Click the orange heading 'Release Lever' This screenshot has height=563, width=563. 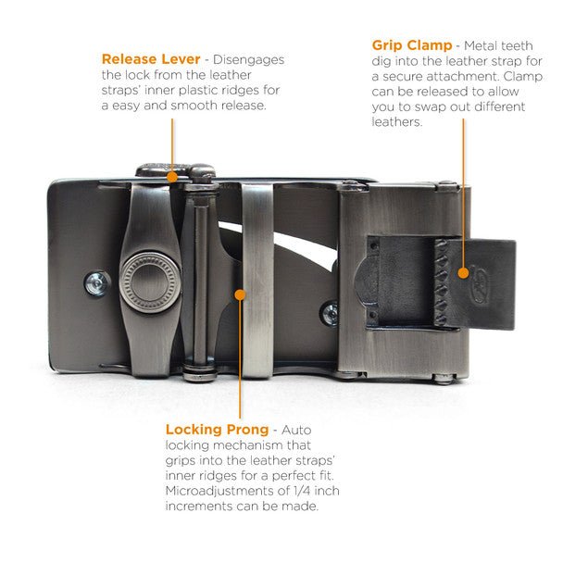[151, 59]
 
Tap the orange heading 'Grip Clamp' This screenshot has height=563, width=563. [412, 45]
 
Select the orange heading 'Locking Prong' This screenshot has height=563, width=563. [217, 430]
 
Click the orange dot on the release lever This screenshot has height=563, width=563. [172, 177]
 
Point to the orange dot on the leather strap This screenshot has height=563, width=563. [464, 273]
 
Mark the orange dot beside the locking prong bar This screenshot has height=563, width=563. [240, 294]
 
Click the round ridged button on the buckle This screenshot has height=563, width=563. [149, 282]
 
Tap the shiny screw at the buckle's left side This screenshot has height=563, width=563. [97, 283]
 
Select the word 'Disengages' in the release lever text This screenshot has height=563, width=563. [248, 60]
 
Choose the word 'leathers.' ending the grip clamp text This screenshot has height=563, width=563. [396, 122]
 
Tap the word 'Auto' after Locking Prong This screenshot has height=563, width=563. [296, 430]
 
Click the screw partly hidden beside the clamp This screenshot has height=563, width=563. [330, 314]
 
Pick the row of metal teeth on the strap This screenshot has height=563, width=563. [442, 282]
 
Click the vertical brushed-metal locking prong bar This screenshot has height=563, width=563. [257, 281]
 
